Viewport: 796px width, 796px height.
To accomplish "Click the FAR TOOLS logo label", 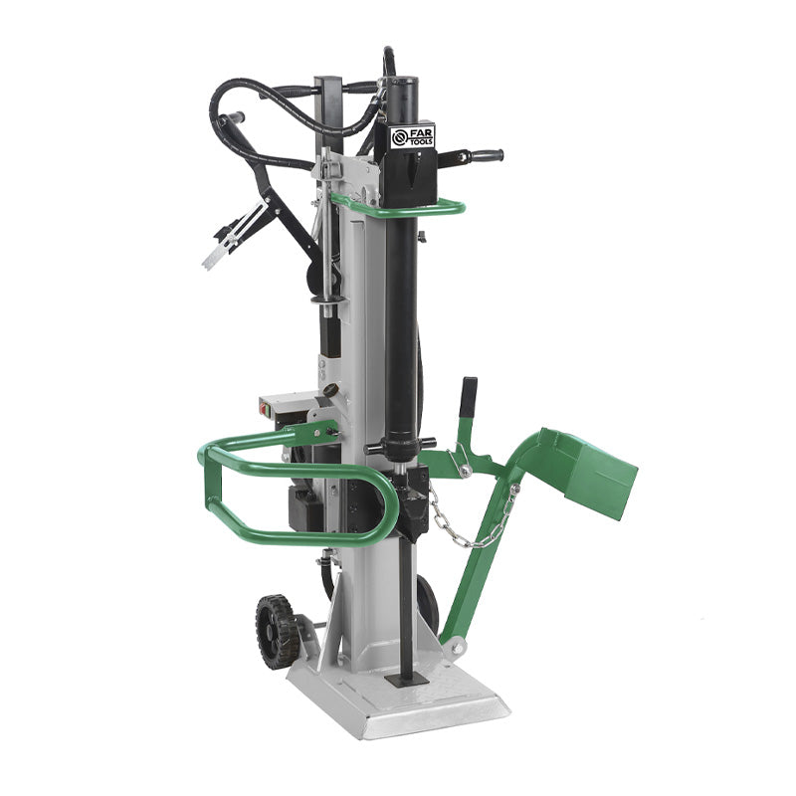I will (x=412, y=136).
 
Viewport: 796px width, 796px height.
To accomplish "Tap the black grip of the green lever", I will (x=468, y=396).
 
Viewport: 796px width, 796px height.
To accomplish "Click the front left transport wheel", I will (x=277, y=630).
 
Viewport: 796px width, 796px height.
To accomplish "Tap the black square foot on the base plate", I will (x=406, y=679).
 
